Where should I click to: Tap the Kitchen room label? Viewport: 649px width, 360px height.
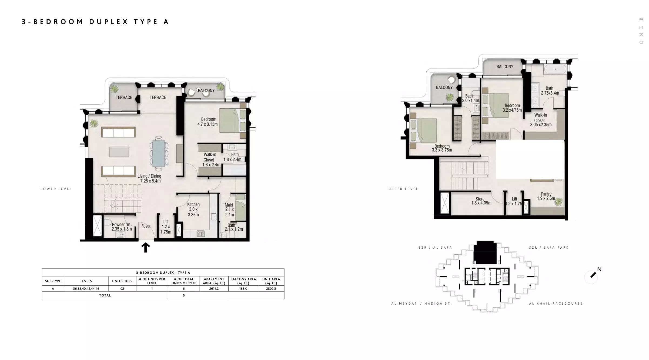pyautogui.click(x=193, y=209)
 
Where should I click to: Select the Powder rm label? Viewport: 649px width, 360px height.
pyautogui.click(x=122, y=227)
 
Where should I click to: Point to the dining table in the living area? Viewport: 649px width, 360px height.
pyautogui.click(x=159, y=154)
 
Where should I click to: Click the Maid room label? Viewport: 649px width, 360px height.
pyautogui.click(x=229, y=210)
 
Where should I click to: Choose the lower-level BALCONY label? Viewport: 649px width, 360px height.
pyautogui.click(x=206, y=91)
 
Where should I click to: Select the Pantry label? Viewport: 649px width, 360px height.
pyautogui.click(x=546, y=196)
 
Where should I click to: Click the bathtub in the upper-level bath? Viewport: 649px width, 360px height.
pyautogui.click(x=555, y=69)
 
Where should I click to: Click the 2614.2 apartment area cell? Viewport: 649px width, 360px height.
pyautogui.click(x=214, y=289)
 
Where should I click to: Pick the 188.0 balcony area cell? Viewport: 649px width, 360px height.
pyautogui.click(x=243, y=289)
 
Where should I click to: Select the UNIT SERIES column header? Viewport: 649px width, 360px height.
pyautogui.click(x=122, y=281)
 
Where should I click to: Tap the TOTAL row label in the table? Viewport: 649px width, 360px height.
pyautogui.click(x=105, y=295)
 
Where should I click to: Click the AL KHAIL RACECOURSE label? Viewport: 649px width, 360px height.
pyautogui.click(x=556, y=304)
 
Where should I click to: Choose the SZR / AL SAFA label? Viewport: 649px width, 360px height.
pyautogui.click(x=435, y=248)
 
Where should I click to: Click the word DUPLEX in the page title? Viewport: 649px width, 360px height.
pyautogui.click(x=109, y=22)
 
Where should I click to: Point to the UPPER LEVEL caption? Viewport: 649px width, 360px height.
pyautogui.click(x=403, y=189)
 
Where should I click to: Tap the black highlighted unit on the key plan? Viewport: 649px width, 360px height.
pyautogui.click(x=485, y=253)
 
